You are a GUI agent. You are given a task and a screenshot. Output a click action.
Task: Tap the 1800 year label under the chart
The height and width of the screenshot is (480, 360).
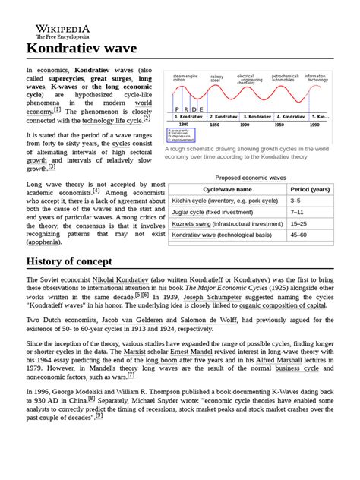(183, 124)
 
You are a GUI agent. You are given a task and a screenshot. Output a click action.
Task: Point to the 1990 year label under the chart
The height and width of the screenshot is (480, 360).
(314, 124)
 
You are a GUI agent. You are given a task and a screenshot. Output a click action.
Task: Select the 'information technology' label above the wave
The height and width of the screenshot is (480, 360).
(316, 77)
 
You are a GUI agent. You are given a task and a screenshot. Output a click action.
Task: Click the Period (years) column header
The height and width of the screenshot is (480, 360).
(310, 188)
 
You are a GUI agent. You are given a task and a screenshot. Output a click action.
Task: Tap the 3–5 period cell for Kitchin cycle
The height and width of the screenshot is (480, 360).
(295, 201)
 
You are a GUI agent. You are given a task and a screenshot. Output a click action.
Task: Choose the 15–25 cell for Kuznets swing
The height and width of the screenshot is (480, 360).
(298, 225)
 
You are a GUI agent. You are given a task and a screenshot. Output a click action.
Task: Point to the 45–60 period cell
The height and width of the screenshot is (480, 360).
(298, 236)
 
